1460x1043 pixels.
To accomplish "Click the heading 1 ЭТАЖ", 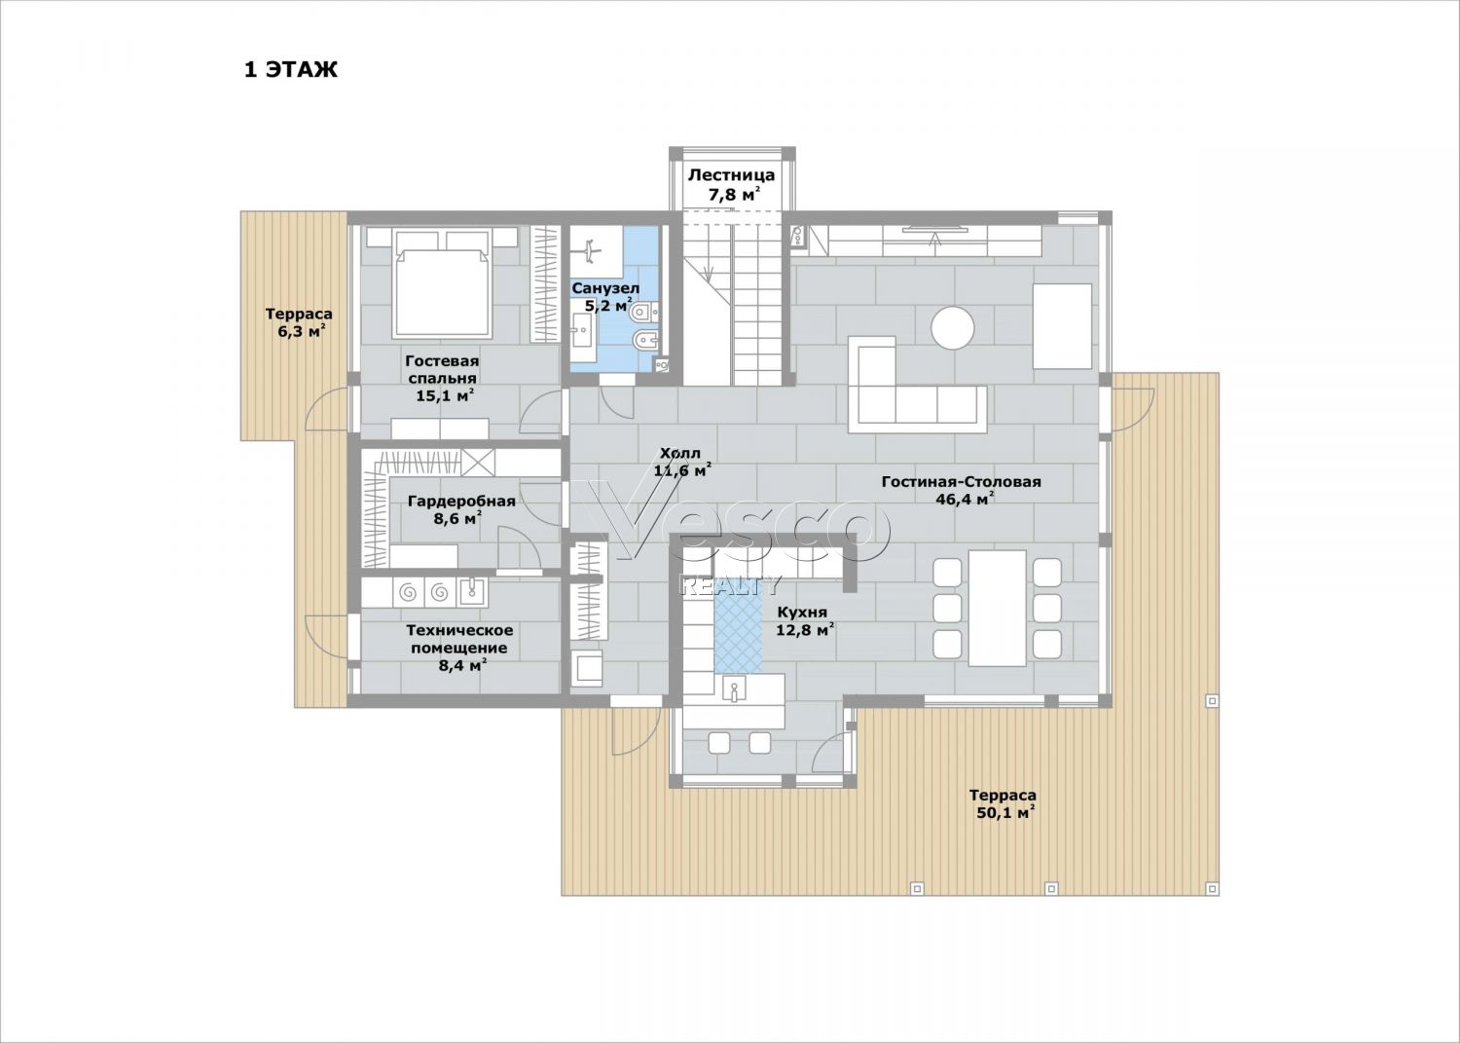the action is pyautogui.click(x=291, y=70).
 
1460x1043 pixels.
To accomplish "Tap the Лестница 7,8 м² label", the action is pyautogui.click(x=732, y=184).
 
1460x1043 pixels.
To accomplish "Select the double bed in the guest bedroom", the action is pyautogui.click(x=443, y=281).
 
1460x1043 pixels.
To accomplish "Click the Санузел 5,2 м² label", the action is pyautogui.click(x=605, y=297).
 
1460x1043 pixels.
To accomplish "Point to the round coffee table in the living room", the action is pyautogui.click(x=953, y=327).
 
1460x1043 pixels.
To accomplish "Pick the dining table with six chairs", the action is pyautogui.click(x=998, y=608).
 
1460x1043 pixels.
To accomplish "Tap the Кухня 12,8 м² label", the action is pyautogui.click(x=806, y=620).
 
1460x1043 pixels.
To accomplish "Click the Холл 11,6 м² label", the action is pyautogui.click(x=681, y=462).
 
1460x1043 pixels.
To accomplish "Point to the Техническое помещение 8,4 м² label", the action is pyautogui.click(x=459, y=648).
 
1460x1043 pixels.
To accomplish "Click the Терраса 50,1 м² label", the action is pyautogui.click(x=1003, y=803).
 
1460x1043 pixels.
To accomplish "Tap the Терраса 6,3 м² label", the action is pyautogui.click(x=299, y=323).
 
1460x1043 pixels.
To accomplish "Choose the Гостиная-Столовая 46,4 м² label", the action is pyautogui.click(x=962, y=491).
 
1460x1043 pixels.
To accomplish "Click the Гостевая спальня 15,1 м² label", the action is pyautogui.click(x=443, y=378).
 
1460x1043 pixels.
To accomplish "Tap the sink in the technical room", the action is pyautogui.click(x=472, y=592).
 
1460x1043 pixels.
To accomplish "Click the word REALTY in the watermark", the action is pyautogui.click(x=730, y=585).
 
